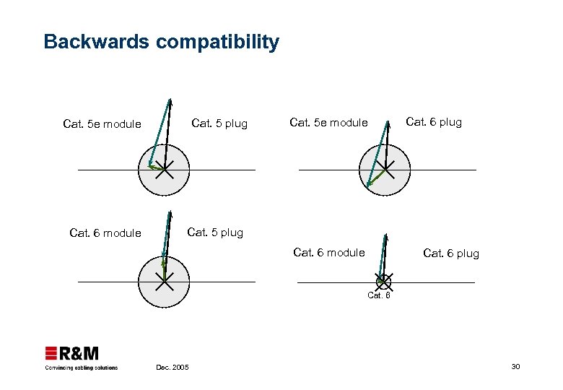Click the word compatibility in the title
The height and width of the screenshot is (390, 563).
tap(217, 42)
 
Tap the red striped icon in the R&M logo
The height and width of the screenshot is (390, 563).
tap(51, 353)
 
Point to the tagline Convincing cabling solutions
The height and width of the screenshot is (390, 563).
tap(81, 368)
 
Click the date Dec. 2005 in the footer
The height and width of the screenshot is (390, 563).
tap(173, 368)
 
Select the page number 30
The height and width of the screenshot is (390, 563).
tap(515, 368)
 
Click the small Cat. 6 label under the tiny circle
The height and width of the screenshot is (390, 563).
tap(379, 295)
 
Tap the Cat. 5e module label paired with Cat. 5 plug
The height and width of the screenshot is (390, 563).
tap(102, 124)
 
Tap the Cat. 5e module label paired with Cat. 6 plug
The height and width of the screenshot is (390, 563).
tap(328, 123)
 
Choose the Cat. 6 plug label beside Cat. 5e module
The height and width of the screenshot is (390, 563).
tap(433, 122)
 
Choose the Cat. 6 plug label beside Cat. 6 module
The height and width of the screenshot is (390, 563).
tap(450, 253)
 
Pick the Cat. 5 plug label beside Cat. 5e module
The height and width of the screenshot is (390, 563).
tap(219, 123)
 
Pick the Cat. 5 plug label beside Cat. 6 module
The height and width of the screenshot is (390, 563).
tap(215, 233)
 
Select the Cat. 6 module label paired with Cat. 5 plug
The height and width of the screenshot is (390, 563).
tap(105, 233)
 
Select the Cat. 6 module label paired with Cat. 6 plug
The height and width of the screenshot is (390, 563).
tap(328, 252)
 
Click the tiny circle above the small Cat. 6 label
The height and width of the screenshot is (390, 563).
tap(383, 281)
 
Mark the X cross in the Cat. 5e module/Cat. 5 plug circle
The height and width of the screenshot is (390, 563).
tap(165, 170)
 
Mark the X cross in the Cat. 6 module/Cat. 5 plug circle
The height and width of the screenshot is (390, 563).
tap(165, 282)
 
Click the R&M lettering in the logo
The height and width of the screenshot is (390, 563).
tap(79, 353)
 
